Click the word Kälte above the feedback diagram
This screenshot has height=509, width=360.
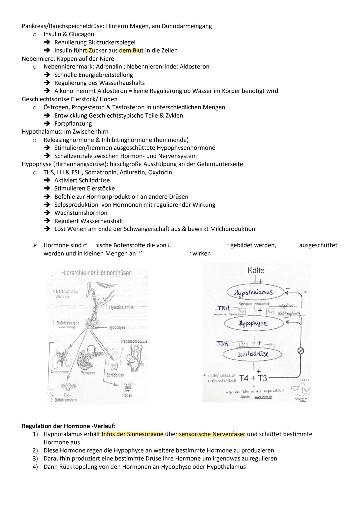coord(256,270)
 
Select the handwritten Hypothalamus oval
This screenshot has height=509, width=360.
coord(254,292)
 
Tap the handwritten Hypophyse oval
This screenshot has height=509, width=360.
coord(253,323)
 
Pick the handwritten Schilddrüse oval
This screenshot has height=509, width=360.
coord(252,354)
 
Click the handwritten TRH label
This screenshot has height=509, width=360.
coord(223,308)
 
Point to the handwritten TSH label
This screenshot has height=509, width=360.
coord(222,343)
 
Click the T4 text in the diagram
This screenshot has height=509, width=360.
coord(244,378)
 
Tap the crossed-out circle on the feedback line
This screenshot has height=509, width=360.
coord(301,351)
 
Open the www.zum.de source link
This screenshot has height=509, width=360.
coord(263,397)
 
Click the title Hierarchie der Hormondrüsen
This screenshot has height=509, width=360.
coord(96,273)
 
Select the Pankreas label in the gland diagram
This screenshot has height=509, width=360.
coord(87,373)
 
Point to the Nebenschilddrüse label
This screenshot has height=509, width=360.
coord(134,341)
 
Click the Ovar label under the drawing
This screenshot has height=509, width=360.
coord(68,395)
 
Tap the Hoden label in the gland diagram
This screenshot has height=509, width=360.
coord(127,395)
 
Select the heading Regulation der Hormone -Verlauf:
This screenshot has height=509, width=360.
coord(69,426)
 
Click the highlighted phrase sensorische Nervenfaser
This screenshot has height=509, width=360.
coord(212,434)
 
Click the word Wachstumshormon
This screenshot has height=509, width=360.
coord(81,213)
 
